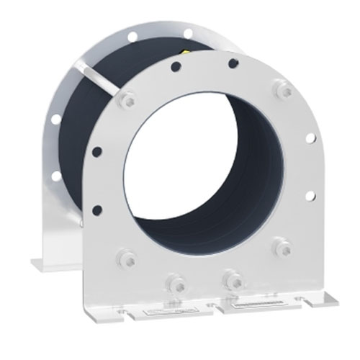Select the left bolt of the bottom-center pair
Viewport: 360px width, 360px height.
pyautogui.click(x=174, y=279)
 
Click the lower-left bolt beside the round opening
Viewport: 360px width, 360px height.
pyautogui.click(x=127, y=257)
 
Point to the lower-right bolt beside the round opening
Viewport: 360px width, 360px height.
pyautogui.click(x=281, y=248)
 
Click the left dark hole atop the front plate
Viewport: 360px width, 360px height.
pyautogui.click(x=175, y=69)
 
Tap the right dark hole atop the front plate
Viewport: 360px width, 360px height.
pyautogui.click(x=232, y=63)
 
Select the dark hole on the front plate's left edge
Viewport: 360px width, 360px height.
pyautogui.click(x=97, y=151)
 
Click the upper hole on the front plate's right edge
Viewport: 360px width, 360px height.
pyautogui.click(x=310, y=138)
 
